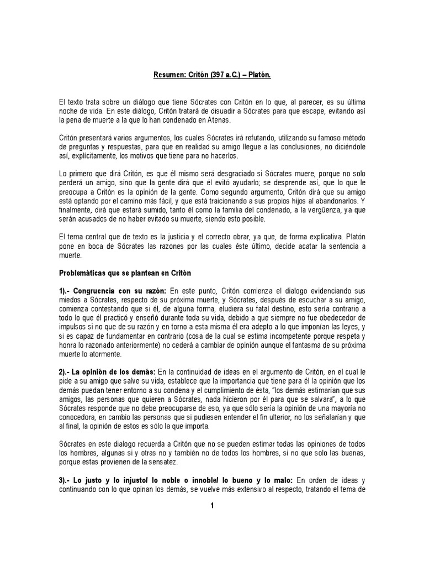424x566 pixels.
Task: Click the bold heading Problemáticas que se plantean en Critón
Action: (x=125, y=272)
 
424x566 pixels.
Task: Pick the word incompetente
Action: (x=265, y=336)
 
